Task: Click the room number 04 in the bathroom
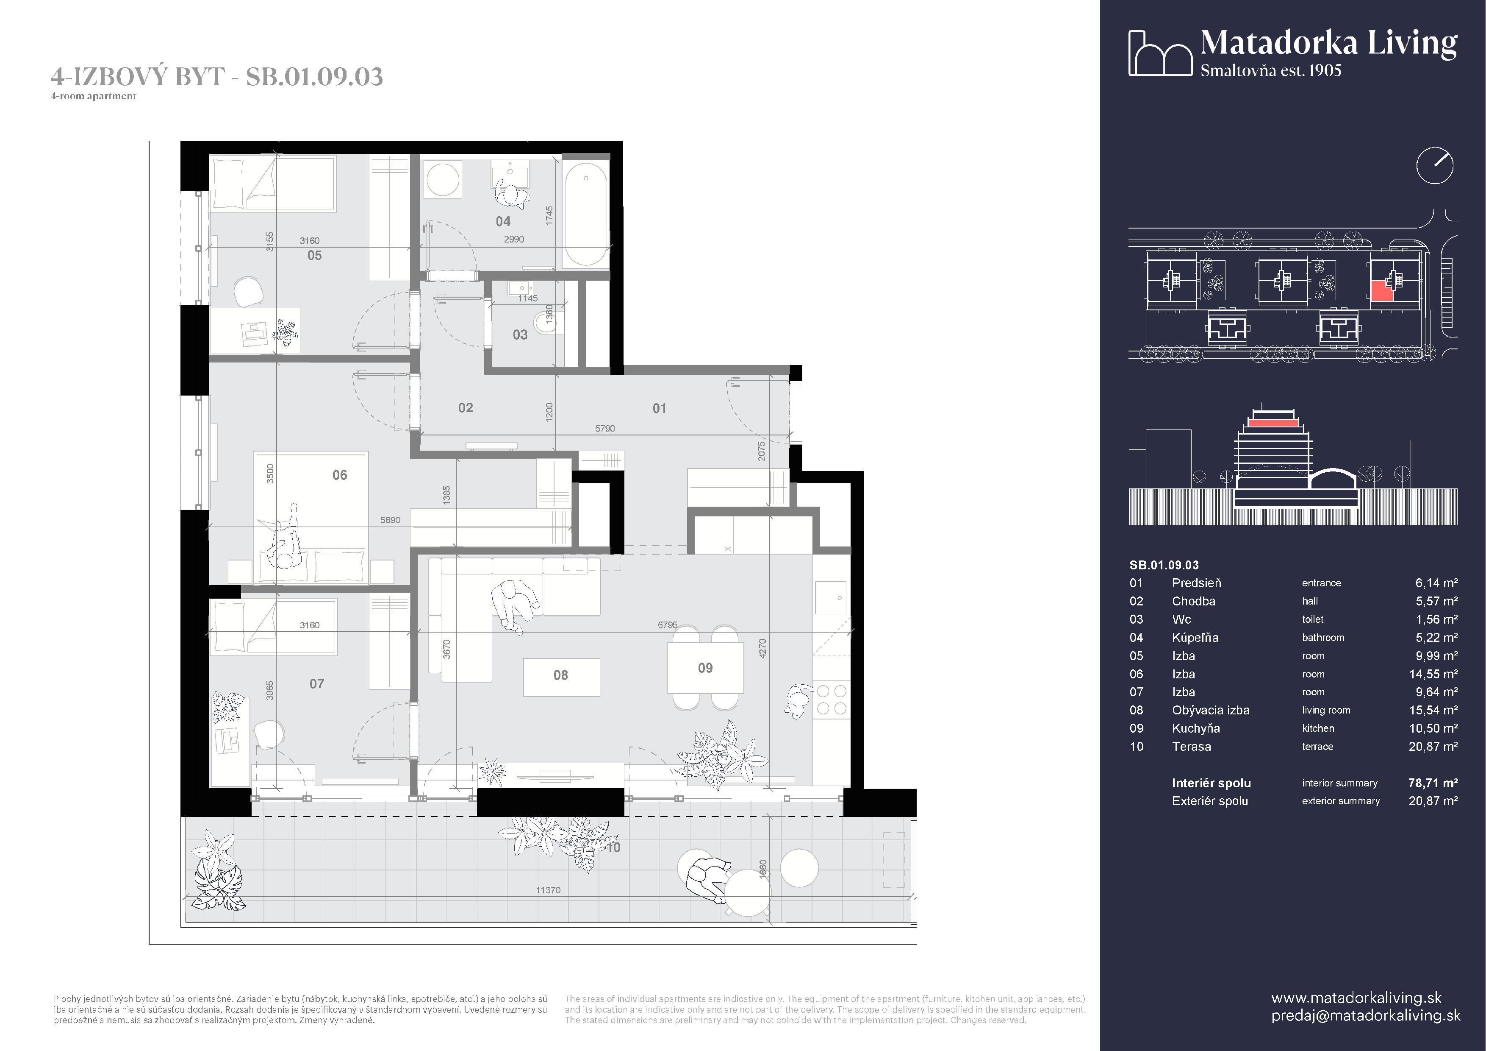(503, 221)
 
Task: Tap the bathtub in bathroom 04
(585, 214)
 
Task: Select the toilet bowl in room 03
(546, 323)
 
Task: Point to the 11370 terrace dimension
(548, 890)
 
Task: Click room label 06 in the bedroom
(340, 475)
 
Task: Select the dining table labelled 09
(705, 668)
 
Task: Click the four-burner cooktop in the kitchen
(831, 700)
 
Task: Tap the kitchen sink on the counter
(830, 598)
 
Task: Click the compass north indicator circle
(1434, 166)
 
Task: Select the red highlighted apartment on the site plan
(1381, 292)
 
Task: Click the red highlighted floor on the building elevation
(1273, 423)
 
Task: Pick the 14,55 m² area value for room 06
(1433, 674)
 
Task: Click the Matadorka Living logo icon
(1160, 53)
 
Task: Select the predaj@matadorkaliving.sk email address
(1366, 1015)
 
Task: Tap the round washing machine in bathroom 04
(443, 179)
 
